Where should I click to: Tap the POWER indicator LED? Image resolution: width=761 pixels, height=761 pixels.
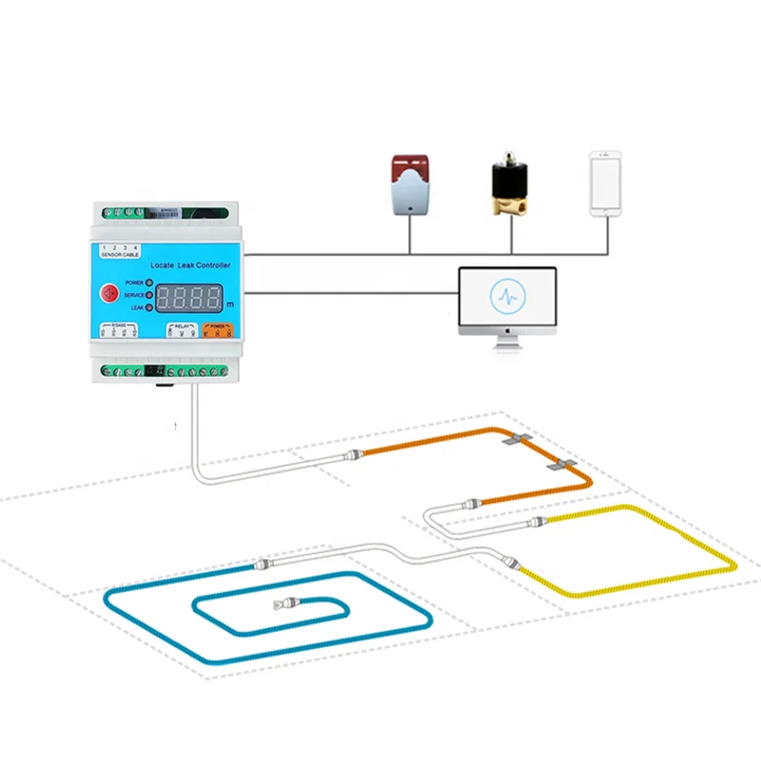tap(149, 283)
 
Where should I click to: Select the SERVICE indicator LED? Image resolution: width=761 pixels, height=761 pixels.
tap(149, 296)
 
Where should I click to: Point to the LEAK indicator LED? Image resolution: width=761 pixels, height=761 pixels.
tap(149, 308)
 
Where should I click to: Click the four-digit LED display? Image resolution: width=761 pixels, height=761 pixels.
tap(189, 297)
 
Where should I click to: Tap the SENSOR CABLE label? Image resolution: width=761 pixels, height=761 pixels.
tap(120, 255)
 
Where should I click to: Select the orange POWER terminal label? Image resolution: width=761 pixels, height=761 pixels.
tap(218, 329)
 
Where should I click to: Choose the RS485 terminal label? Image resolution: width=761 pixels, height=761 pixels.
tap(119, 330)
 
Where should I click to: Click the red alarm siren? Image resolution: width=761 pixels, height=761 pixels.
tap(410, 185)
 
